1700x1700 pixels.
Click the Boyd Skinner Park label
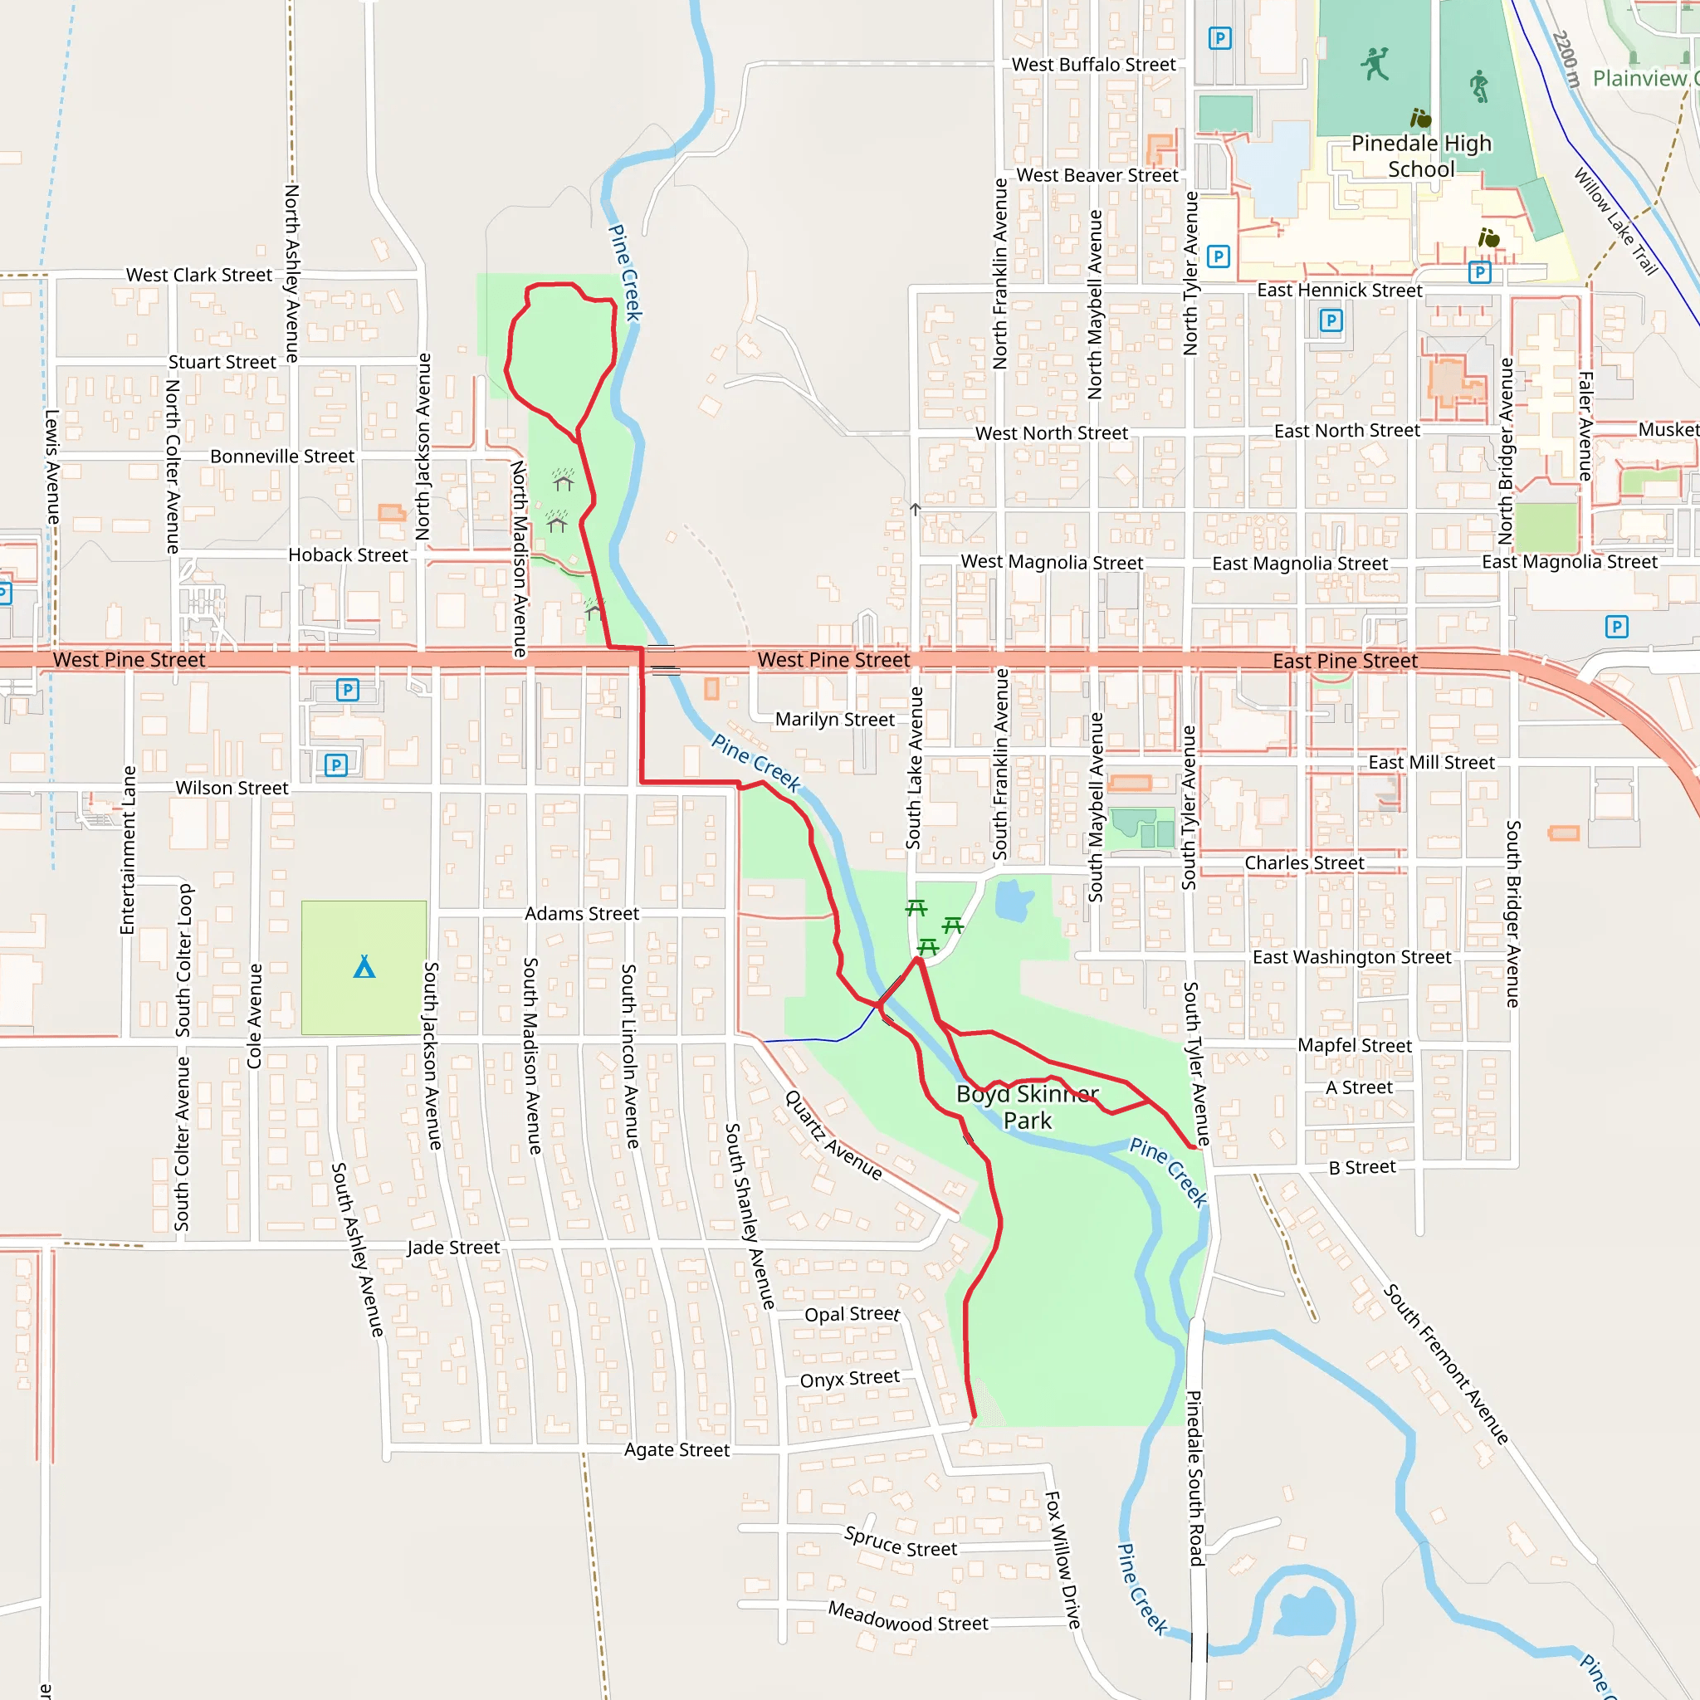pyautogui.click(x=1027, y=1107)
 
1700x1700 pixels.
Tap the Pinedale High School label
pyautogui.click(x=1421, y=156)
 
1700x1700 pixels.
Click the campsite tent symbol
pyautogui.click(x=364, y=967)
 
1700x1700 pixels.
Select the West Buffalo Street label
pyautogui.click(x=1093, y=64)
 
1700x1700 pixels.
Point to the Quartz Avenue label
pyautogui.click(x=833, y=1134)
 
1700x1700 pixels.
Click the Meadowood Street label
pyautogui.click(x=908, y=1617)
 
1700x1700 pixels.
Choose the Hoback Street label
pyautogui.click(x=348, y=555)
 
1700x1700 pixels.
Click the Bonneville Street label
pyautogui.click(x=281, y=457)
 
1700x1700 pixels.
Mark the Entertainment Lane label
pyautogui.click(x=129, y=850)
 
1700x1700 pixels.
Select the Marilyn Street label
pyautogui.click(x=834, y=720)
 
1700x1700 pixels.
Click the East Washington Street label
pyautogui.click(x=1351, y=957)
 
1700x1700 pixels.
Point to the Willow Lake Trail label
pyautogui.click(x=1615, y=221)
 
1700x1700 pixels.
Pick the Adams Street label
pyautogui.click(x=582, y=914)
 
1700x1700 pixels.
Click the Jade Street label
pyautogui.click(x=452, y=1248)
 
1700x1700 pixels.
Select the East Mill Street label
pyautogui.click(x=1431, y=763)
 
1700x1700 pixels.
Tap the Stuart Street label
pyautogui.click(x=222, y=363)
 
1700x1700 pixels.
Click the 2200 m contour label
pyautogui.click(x=1566, y=59)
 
